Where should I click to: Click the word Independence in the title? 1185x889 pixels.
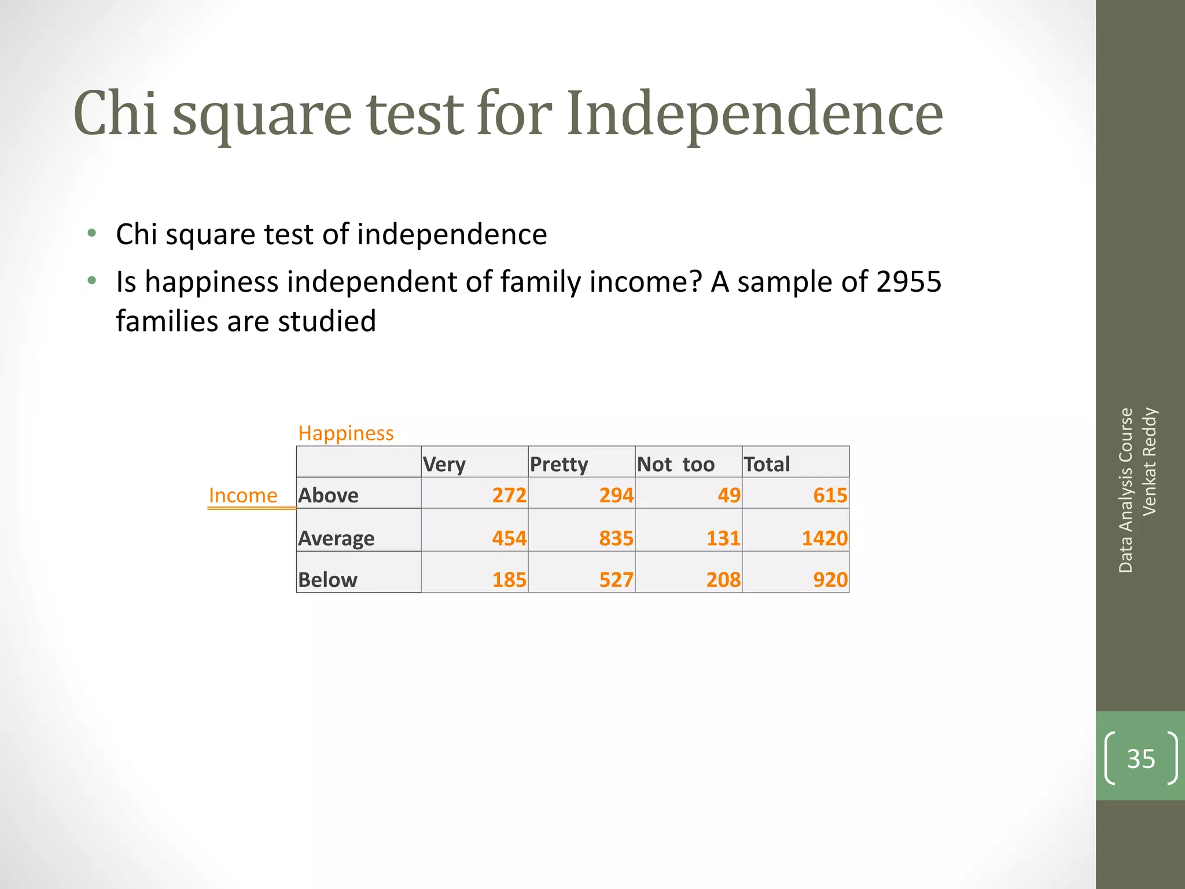coord(755,114)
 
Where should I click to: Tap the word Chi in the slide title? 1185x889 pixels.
coord(115,114)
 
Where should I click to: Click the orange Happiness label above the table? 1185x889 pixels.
coord(345,433)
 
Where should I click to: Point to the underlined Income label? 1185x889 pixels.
coord(243,495)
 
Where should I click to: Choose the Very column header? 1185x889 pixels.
coord(444,464)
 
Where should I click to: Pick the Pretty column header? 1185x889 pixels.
coord(558,464)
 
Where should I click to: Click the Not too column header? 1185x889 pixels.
coord(675,464)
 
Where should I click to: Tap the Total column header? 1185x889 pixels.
coord(766,464)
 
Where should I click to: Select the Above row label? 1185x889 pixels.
coord(328,495)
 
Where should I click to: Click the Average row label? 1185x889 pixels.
coord(336,538)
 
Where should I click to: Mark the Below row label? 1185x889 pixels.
coord(327,579)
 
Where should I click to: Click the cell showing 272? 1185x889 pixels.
coord(509,495)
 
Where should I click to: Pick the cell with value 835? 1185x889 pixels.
coord(616,538)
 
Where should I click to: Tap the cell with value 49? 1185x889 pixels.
coord(728,495)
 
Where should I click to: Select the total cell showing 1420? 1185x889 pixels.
coord(825,538)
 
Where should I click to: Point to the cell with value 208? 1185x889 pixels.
coord(723,579)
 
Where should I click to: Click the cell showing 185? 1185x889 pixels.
coord(509,579)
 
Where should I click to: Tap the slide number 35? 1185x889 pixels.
coord(1140,758)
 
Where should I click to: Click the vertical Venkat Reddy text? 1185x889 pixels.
coord(1149,461)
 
